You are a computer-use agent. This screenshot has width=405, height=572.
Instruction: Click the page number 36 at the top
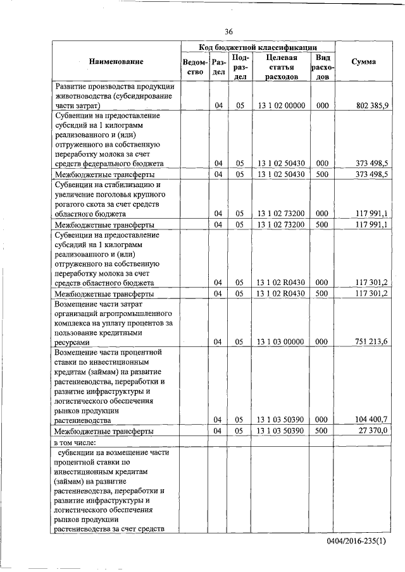(x=228, y=32)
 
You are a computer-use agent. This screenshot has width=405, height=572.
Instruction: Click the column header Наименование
(x=116, y=62)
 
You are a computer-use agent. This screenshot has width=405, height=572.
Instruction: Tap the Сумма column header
(x=364, y=62)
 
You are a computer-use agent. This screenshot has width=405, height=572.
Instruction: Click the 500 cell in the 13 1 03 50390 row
(x=321, y=430)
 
